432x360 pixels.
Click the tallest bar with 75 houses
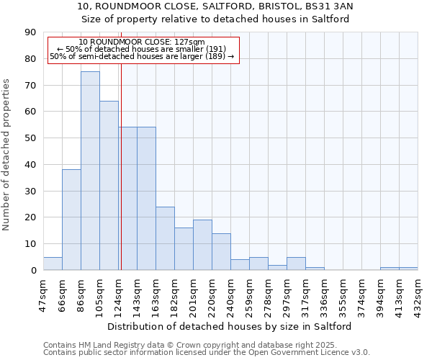pyautogui.click(x=90, y=171)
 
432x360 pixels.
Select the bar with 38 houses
pyautogui.click(x=71, y=220)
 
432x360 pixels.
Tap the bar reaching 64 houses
pyautogui.click(x=109, y=185)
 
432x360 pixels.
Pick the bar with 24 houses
pyautogui.click(x=165, y=238)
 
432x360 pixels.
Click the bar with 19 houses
pyautogui.click(x=202, y=245)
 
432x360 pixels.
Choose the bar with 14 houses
pyautogui.click(x=221, y=251)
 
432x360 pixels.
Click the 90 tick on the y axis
pyautogui.click(x=30, y=32)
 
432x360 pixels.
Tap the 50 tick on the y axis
pyautogui.click(x=30, y=138)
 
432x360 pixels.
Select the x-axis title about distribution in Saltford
pyautogui.click(x=230, y=326)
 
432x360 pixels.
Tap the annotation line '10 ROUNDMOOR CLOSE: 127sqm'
pyautogui.click(x=142, y=42)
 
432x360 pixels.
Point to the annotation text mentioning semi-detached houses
pyautogui.click(x=142, y=56)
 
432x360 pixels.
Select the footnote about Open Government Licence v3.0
pyautogui.click(x=207, y=353)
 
